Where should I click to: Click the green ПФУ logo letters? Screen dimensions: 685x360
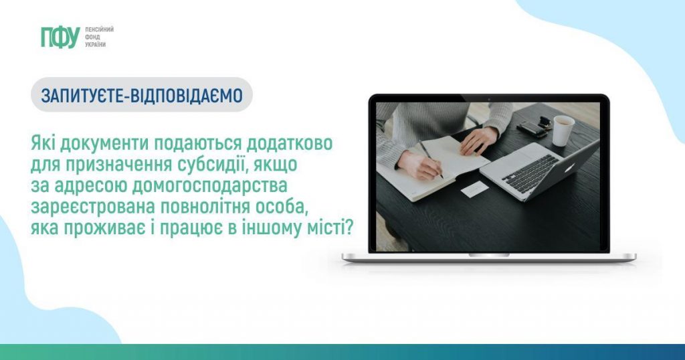tap(60, 37)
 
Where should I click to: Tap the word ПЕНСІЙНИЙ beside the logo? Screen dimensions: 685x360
tap(99, 29)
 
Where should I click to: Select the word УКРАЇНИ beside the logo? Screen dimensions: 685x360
tap(95, 45)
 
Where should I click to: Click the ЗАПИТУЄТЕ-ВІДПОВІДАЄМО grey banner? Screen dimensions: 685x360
tap(142, 95)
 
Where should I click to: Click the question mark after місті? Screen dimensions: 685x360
tap(349, 228)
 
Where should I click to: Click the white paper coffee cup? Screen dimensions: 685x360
tap(563, 130)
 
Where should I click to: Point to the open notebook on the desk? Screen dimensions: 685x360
tap(433, 168)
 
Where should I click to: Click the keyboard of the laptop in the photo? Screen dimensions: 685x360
tap(530, 173)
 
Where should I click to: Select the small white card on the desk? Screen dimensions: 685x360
tap(474, 189)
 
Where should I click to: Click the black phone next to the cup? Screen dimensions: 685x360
tap(531, 129)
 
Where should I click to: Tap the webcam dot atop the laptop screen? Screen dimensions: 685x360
tap(489, 100)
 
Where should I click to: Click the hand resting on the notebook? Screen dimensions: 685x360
tap(479, 139)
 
